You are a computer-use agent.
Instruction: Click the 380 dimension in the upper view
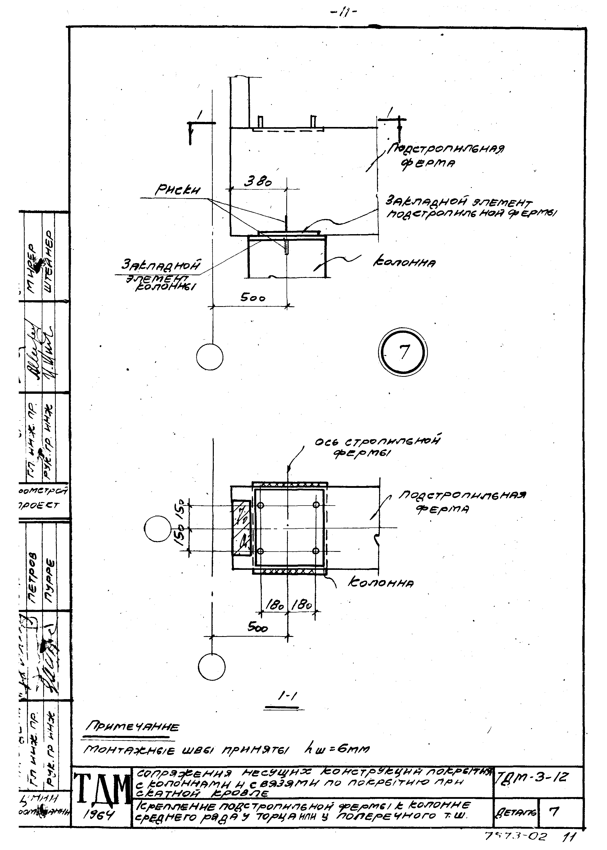258,182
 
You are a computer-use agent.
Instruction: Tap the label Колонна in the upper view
404,263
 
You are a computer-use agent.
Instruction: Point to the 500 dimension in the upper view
253,298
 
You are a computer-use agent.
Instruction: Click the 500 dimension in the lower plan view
258,628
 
